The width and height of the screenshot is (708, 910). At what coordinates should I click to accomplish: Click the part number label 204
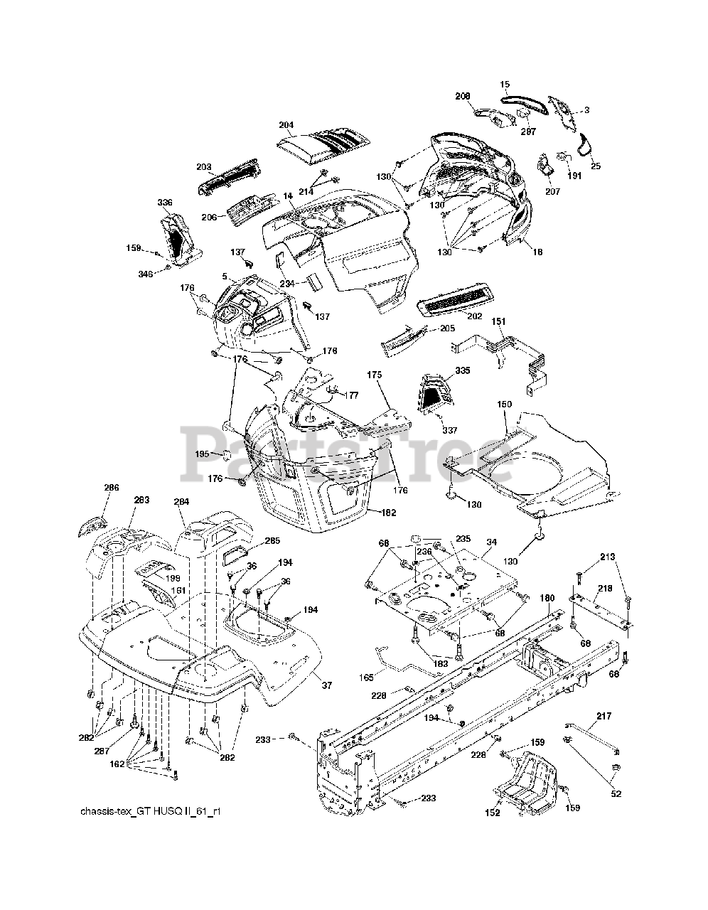pos(286,124)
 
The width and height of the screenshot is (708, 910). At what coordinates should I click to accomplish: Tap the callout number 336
pos(164,203)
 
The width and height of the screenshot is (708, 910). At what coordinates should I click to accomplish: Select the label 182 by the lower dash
pos(388,513)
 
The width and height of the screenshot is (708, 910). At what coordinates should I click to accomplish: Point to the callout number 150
pos(504,404)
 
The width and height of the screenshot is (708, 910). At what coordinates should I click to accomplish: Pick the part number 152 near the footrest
pos(493,812)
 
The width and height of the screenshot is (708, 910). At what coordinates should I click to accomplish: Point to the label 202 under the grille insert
pos(474,316)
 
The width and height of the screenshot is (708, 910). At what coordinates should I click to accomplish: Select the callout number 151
pos(499,321)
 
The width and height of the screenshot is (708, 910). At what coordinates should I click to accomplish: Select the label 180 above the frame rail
pos(546,598)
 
